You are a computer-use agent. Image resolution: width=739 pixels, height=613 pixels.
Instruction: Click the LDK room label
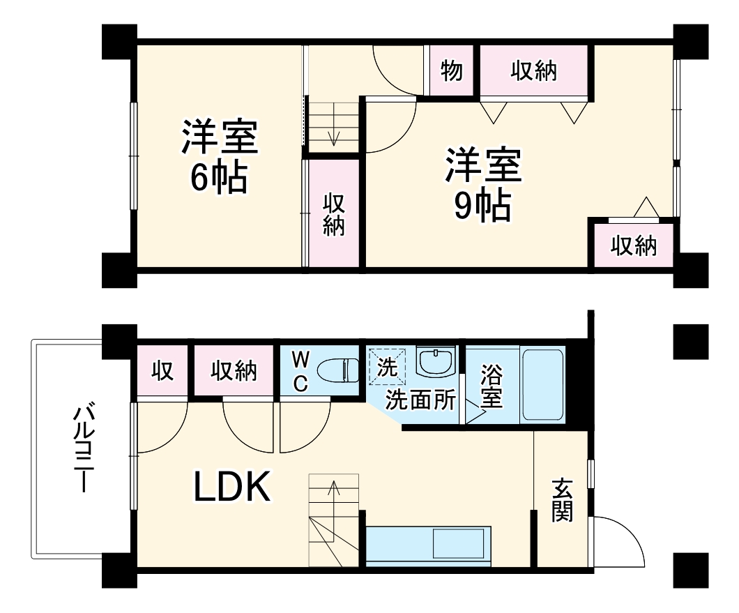(x=231, y=488)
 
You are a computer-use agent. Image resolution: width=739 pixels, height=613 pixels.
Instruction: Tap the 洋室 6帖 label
(x=220, y=158)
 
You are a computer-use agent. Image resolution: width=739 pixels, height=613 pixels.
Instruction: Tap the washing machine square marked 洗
(x=386, y=365)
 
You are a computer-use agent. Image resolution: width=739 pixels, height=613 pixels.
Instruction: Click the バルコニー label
(x=83, y=446)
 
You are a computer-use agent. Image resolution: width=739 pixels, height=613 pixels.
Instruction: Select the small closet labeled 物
(x=452, y=70)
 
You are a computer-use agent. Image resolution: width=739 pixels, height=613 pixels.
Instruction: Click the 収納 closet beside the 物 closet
(x=534, y=70)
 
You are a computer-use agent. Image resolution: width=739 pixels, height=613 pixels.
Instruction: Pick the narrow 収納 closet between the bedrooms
(x=334, y=214)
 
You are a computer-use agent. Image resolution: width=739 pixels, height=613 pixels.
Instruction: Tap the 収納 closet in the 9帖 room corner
(x=634, y=245)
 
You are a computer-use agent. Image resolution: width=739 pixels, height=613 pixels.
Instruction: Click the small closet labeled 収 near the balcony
(x=162, y=370)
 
